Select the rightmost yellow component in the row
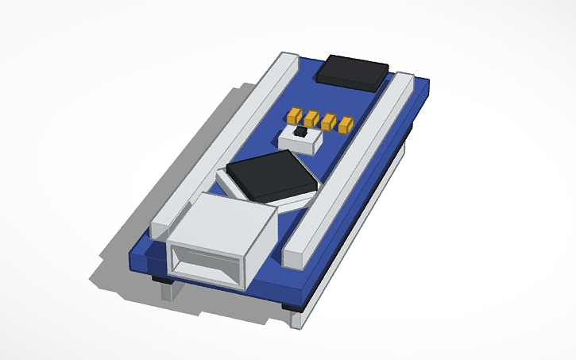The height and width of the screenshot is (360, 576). (346, 125)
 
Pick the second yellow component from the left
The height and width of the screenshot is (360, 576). (311, 118)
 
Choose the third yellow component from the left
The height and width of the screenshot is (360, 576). (329, 122)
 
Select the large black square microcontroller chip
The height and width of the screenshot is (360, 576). (270, 176)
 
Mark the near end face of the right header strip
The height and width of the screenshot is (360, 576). (295, 255)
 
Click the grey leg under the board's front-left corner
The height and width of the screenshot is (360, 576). (170, 292)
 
